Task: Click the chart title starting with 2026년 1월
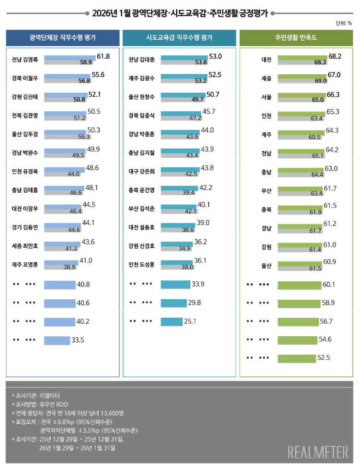click(180, 13)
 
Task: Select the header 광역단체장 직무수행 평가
click(63, 37)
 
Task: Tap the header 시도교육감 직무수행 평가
click(179, 37)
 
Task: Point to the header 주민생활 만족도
click(296, 37)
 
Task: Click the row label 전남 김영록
click(25, 59)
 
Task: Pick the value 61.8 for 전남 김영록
click(103, 56)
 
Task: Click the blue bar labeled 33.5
click(57, 340)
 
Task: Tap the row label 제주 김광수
click(142, 78)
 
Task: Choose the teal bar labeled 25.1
click(171, 321)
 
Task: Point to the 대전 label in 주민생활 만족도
click(266, 59)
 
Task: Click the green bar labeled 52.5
click(296, 357)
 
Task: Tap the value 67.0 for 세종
click(334, 75)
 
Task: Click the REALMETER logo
click(318, 452)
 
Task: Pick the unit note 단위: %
click(343, 23)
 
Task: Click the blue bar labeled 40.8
click(59, 284)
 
